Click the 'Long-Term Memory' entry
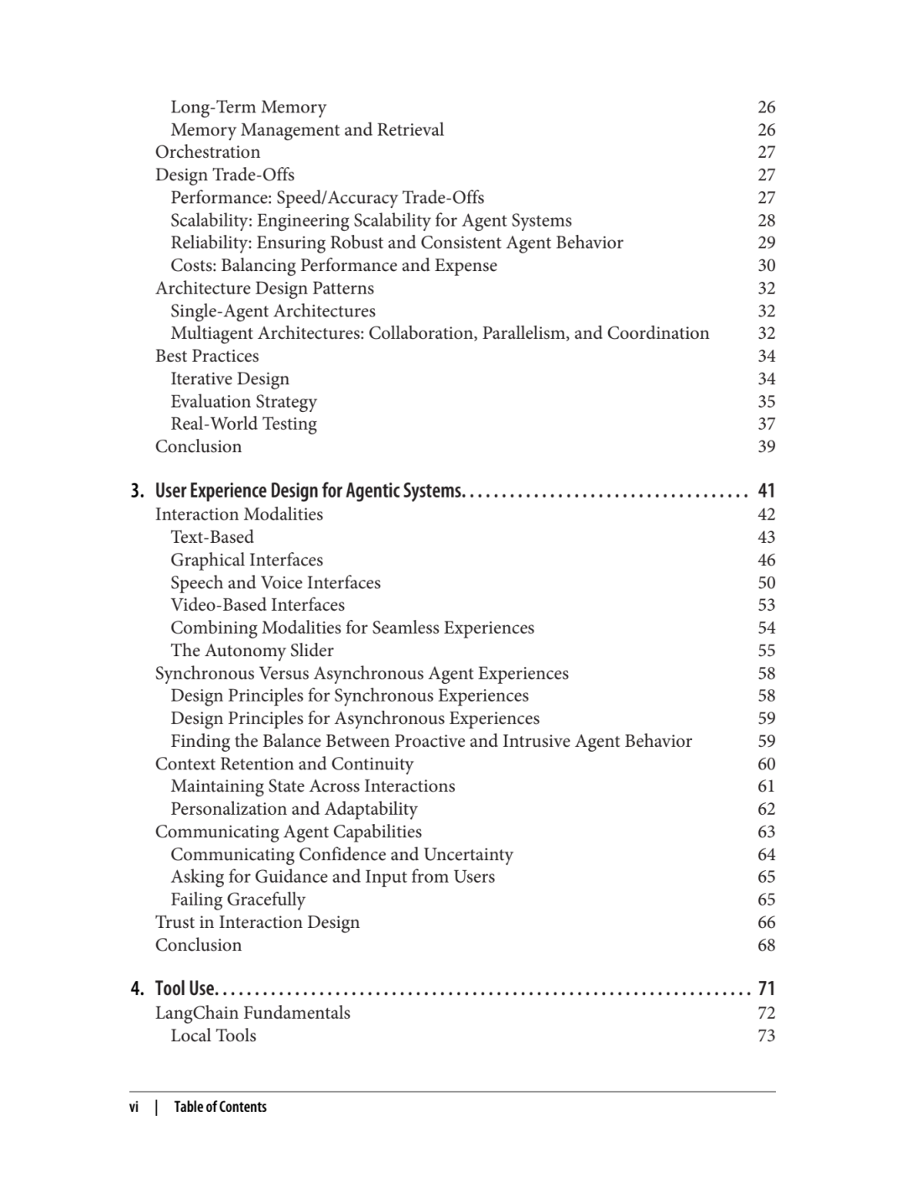click(x=248, y=107)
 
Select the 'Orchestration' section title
click(x=207, y=153)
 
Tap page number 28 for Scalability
click(x=766, y=221)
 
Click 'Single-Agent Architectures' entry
click(x=273, y=311)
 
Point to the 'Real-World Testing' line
click(x=243, y=425)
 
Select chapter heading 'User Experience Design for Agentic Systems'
click(x=308, y=491)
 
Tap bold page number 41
click(x=766, y=491)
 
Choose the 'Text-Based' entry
click(x=211, y=538)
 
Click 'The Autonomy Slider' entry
click(x=252, y=651)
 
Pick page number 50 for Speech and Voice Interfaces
click(x=766, y=583)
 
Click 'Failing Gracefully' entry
click(x=237, y=900)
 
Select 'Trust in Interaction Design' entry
click(x=257, y=923)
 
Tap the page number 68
click(x=766, y=946)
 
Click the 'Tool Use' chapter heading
click(x=185, y=989)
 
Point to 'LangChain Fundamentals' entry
click(x=253, y=1014)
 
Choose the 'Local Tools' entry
click(x=213, y=1036)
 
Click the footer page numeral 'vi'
click(x=134, y=1108)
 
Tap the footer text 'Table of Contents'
click(x=220, y=1108)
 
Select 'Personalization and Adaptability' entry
click(x=294, y=810)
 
